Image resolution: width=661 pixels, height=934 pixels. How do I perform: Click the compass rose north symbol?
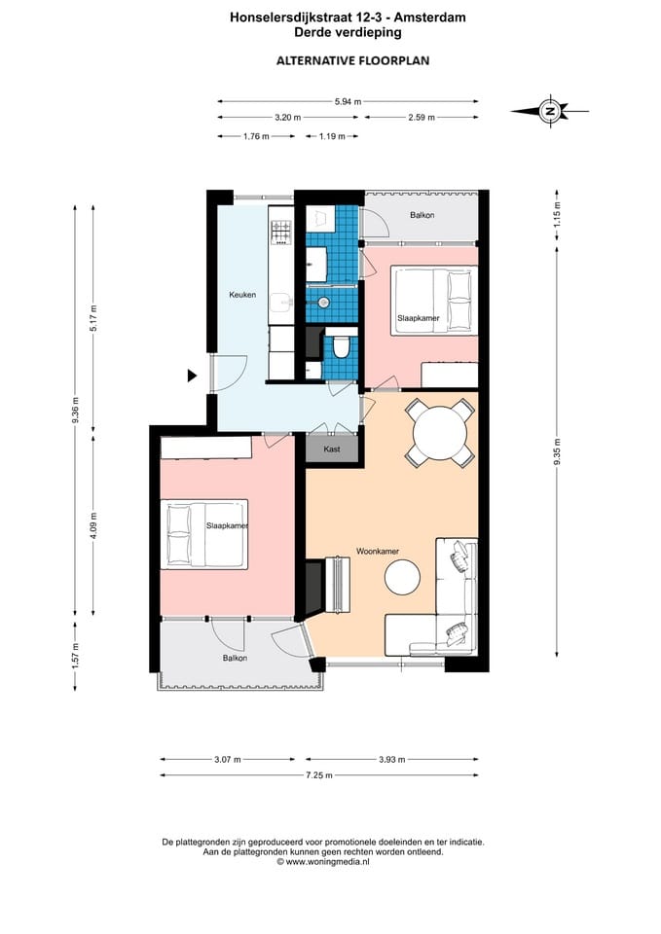pyautogui.click(x=550, y=111)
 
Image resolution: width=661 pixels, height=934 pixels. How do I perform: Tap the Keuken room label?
pyautogui.click(x=242, y=294)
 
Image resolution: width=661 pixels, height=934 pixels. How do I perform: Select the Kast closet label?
pyautogui.click(x=332, y=449)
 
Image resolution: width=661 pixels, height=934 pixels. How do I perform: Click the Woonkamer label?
pyautogui.click(x=378, y=551)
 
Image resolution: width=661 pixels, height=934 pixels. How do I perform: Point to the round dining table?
pyautogui.click(x=440, y=433)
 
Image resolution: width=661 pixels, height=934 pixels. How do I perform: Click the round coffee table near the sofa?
pyautogui.click(x=402, y=577)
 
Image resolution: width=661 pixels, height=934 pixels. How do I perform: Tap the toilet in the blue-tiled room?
pyautogui.click(x=341, y=346)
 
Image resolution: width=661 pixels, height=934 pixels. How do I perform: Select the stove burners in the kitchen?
pyautogui.click(x=281, y=233)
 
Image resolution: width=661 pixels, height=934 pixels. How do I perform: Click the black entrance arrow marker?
pyautogui.click(x=192, y=376)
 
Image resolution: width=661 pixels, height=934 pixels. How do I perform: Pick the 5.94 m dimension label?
pyautogui.click(x=349, y=102)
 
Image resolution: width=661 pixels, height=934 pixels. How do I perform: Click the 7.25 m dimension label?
pyautogui.click(x=319, y=775)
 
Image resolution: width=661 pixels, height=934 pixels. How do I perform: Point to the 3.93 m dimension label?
pyautogui.click(x=392, y=760)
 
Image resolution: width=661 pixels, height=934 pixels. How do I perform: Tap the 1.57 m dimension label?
pyautogui.click(x=75, y=656)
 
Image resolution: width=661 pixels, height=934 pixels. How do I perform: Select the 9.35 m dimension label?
pyautogui.click(x=557, y=452)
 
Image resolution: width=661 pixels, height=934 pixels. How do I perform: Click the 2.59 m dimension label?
pyautogui.click(x=422, y=118)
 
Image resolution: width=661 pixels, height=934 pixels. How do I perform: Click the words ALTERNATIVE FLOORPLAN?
pyautogui.click(x=352, y=60)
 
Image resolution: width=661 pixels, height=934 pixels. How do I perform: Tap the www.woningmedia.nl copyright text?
pyautogui.click(x=323, y=861)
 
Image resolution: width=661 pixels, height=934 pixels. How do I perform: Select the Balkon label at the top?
pyautogui.click(x=422, y=215)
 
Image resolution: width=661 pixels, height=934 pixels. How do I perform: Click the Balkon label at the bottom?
pyautogui.click(x=235, y=659)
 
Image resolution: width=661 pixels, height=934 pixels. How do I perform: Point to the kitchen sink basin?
pyautogui.click(x=280, y=304)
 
